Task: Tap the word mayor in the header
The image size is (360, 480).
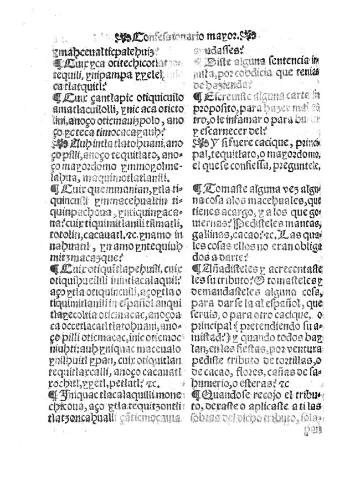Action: coord(220,37)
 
